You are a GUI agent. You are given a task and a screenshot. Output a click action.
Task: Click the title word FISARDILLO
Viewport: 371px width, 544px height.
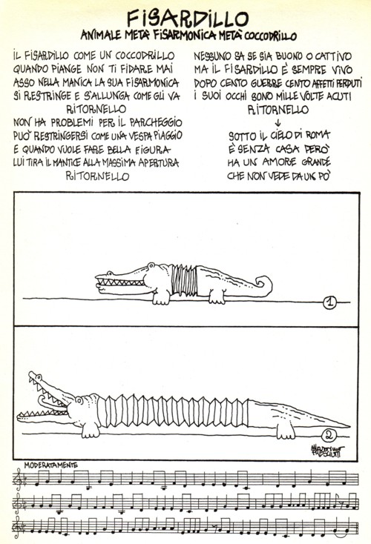click(x=188, y=19)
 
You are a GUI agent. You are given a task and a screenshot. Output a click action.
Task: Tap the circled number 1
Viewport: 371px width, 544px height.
click(x=329, y=302)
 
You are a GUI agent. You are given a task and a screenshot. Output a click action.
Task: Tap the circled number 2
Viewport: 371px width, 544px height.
click(x=329, y=434)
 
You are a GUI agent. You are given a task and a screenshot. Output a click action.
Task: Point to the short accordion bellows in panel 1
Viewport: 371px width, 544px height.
click(x=184, y=280)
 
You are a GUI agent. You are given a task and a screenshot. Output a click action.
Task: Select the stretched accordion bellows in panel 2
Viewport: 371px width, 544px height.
click(x=173, y=412)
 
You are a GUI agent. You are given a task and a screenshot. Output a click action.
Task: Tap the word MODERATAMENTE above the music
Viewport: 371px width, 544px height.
click(x=50, y=465)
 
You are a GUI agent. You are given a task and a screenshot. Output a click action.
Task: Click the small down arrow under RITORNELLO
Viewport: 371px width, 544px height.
click(x=278, y=123)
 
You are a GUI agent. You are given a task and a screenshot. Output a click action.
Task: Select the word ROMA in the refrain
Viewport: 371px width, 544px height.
click(x=317, y=135)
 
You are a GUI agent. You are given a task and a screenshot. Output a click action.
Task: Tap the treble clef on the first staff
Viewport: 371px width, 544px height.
click(x=16, y=479)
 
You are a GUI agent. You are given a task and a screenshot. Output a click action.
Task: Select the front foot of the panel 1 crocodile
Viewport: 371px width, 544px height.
click(x=161, y=298)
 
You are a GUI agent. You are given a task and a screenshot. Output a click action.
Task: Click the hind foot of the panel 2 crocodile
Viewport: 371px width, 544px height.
click(x=286, y=431)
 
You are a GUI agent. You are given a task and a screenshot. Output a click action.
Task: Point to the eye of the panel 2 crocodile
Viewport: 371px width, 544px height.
click(x=79, y=400)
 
